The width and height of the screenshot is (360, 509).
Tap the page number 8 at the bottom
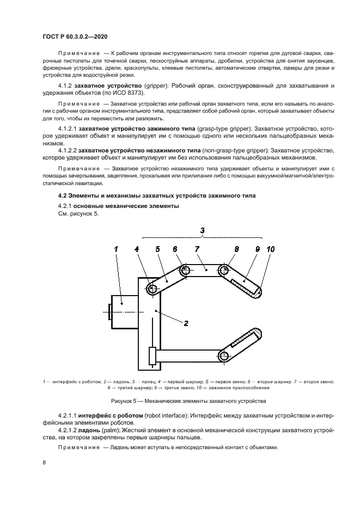(44, 462)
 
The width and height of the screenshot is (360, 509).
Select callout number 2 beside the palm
(186, 323)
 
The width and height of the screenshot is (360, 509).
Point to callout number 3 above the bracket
(202, 230)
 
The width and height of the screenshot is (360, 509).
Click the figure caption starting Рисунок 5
(188, 401)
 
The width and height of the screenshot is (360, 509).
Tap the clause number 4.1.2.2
(67, 149)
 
